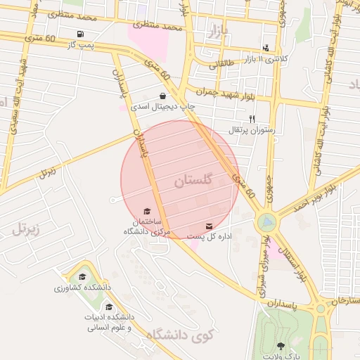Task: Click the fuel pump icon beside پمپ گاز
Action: coord(82,34)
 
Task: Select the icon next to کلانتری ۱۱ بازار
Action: coord(265,48)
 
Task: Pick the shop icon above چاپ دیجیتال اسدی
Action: coord(163,96)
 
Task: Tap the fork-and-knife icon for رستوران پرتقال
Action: coord(252,119)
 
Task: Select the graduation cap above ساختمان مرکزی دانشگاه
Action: coord(147,211)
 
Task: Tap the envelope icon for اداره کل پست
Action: coord(209,226)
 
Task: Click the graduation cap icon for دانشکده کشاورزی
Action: coord(82,277)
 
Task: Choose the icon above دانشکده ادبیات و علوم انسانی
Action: coord(108,307)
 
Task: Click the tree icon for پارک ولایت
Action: coord(281,345)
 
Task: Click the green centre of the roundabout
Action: coord(266,222)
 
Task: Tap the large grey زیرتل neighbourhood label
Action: coord(27,228)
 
